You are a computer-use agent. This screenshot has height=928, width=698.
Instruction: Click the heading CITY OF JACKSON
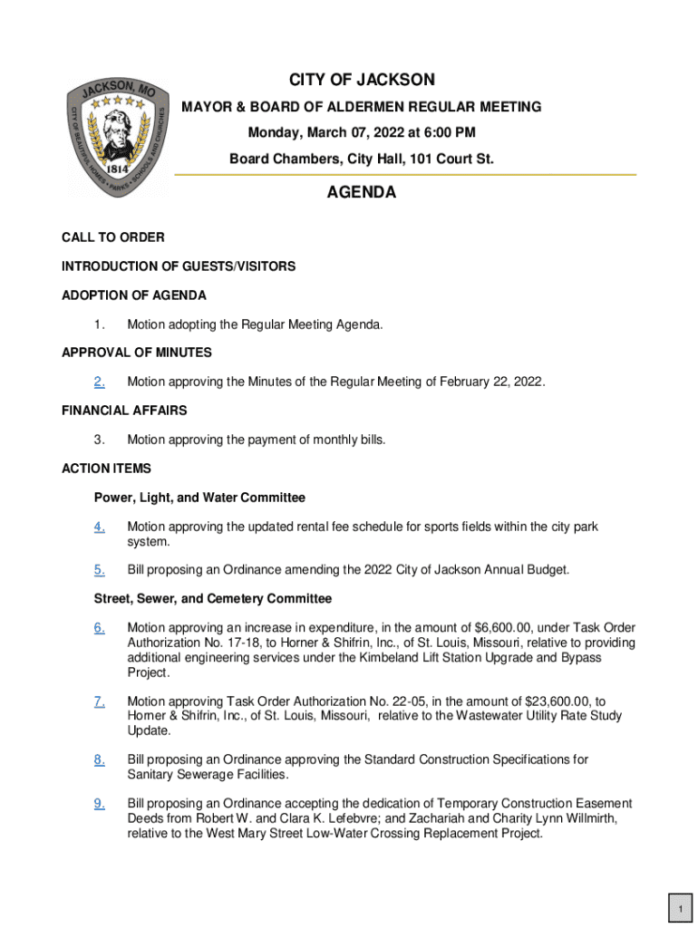click(362, 80)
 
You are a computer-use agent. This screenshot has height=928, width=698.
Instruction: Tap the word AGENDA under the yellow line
click(362, 193)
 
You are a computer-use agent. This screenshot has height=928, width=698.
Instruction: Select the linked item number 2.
click(100, 382)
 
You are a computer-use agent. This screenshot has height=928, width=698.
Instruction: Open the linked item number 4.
click(100, 527)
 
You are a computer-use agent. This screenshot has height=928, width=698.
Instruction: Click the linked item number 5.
click(100, 570)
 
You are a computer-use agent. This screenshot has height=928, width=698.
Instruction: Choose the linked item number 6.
click(100, 628)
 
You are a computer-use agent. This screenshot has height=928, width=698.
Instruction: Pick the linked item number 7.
click(100, 701)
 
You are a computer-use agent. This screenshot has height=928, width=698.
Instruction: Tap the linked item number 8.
click(100, 759)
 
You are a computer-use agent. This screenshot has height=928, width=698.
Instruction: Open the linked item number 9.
click(100, 803)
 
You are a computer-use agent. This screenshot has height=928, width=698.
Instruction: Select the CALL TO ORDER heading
click(113, 237)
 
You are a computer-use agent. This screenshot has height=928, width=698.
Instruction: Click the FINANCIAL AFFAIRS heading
click(124, 411)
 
